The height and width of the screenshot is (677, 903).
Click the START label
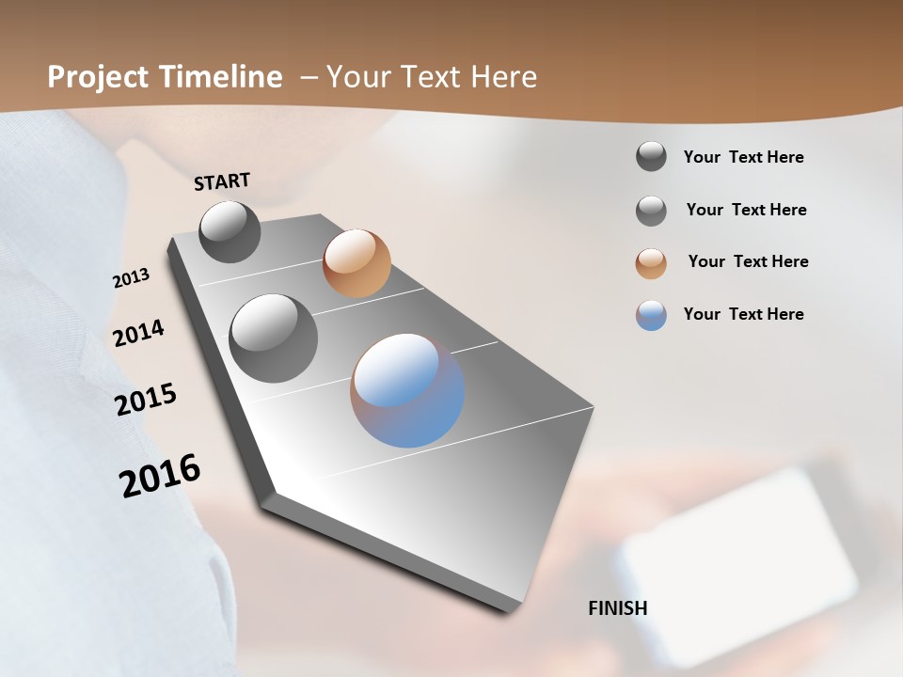click(222, 181)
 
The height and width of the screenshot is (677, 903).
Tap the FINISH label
click(618, 608)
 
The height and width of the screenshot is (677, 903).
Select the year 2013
click(131, 278)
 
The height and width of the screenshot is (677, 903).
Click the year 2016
click(160, 476)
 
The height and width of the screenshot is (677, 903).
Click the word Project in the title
click(99, 77)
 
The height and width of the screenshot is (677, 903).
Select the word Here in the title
click(505, 77)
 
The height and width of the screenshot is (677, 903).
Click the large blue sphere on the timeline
click(407, 389)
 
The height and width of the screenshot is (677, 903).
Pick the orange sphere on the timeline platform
click(356, 263)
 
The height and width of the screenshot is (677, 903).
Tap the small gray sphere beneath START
click(230, 231)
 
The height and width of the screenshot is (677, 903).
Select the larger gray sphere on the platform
click(274, 338)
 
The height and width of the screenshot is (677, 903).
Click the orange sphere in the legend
click(651, 263)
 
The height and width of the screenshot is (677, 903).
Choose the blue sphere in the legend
click(651, 315)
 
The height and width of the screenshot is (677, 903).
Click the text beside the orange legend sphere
click(748, 261)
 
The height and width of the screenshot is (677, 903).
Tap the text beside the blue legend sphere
click(744, 314)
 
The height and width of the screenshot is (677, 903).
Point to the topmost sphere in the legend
click(651, 156)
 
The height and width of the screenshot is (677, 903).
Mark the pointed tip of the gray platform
click(509, 610)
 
